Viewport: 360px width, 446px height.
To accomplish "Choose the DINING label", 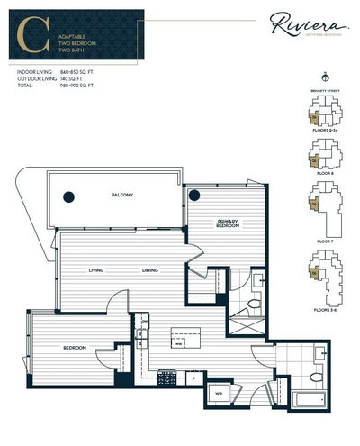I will (150, 270).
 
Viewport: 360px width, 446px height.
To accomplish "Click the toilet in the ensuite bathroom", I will (255, 305).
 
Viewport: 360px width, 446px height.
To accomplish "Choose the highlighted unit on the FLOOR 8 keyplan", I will (312, 158).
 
